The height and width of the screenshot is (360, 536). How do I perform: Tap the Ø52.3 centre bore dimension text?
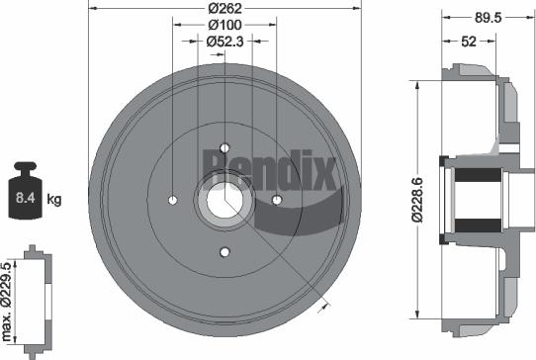coord(225,42)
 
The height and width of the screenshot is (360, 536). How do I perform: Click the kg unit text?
coord(54,200)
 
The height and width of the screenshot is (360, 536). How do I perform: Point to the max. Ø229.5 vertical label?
coord(9,297)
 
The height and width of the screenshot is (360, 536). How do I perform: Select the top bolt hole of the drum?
coord(224,147)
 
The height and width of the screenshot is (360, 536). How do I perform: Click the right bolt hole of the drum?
coord(277,200)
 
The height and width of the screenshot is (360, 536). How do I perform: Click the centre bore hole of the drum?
coord(225,200)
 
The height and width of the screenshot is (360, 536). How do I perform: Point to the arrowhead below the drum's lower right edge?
coord(321,310)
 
